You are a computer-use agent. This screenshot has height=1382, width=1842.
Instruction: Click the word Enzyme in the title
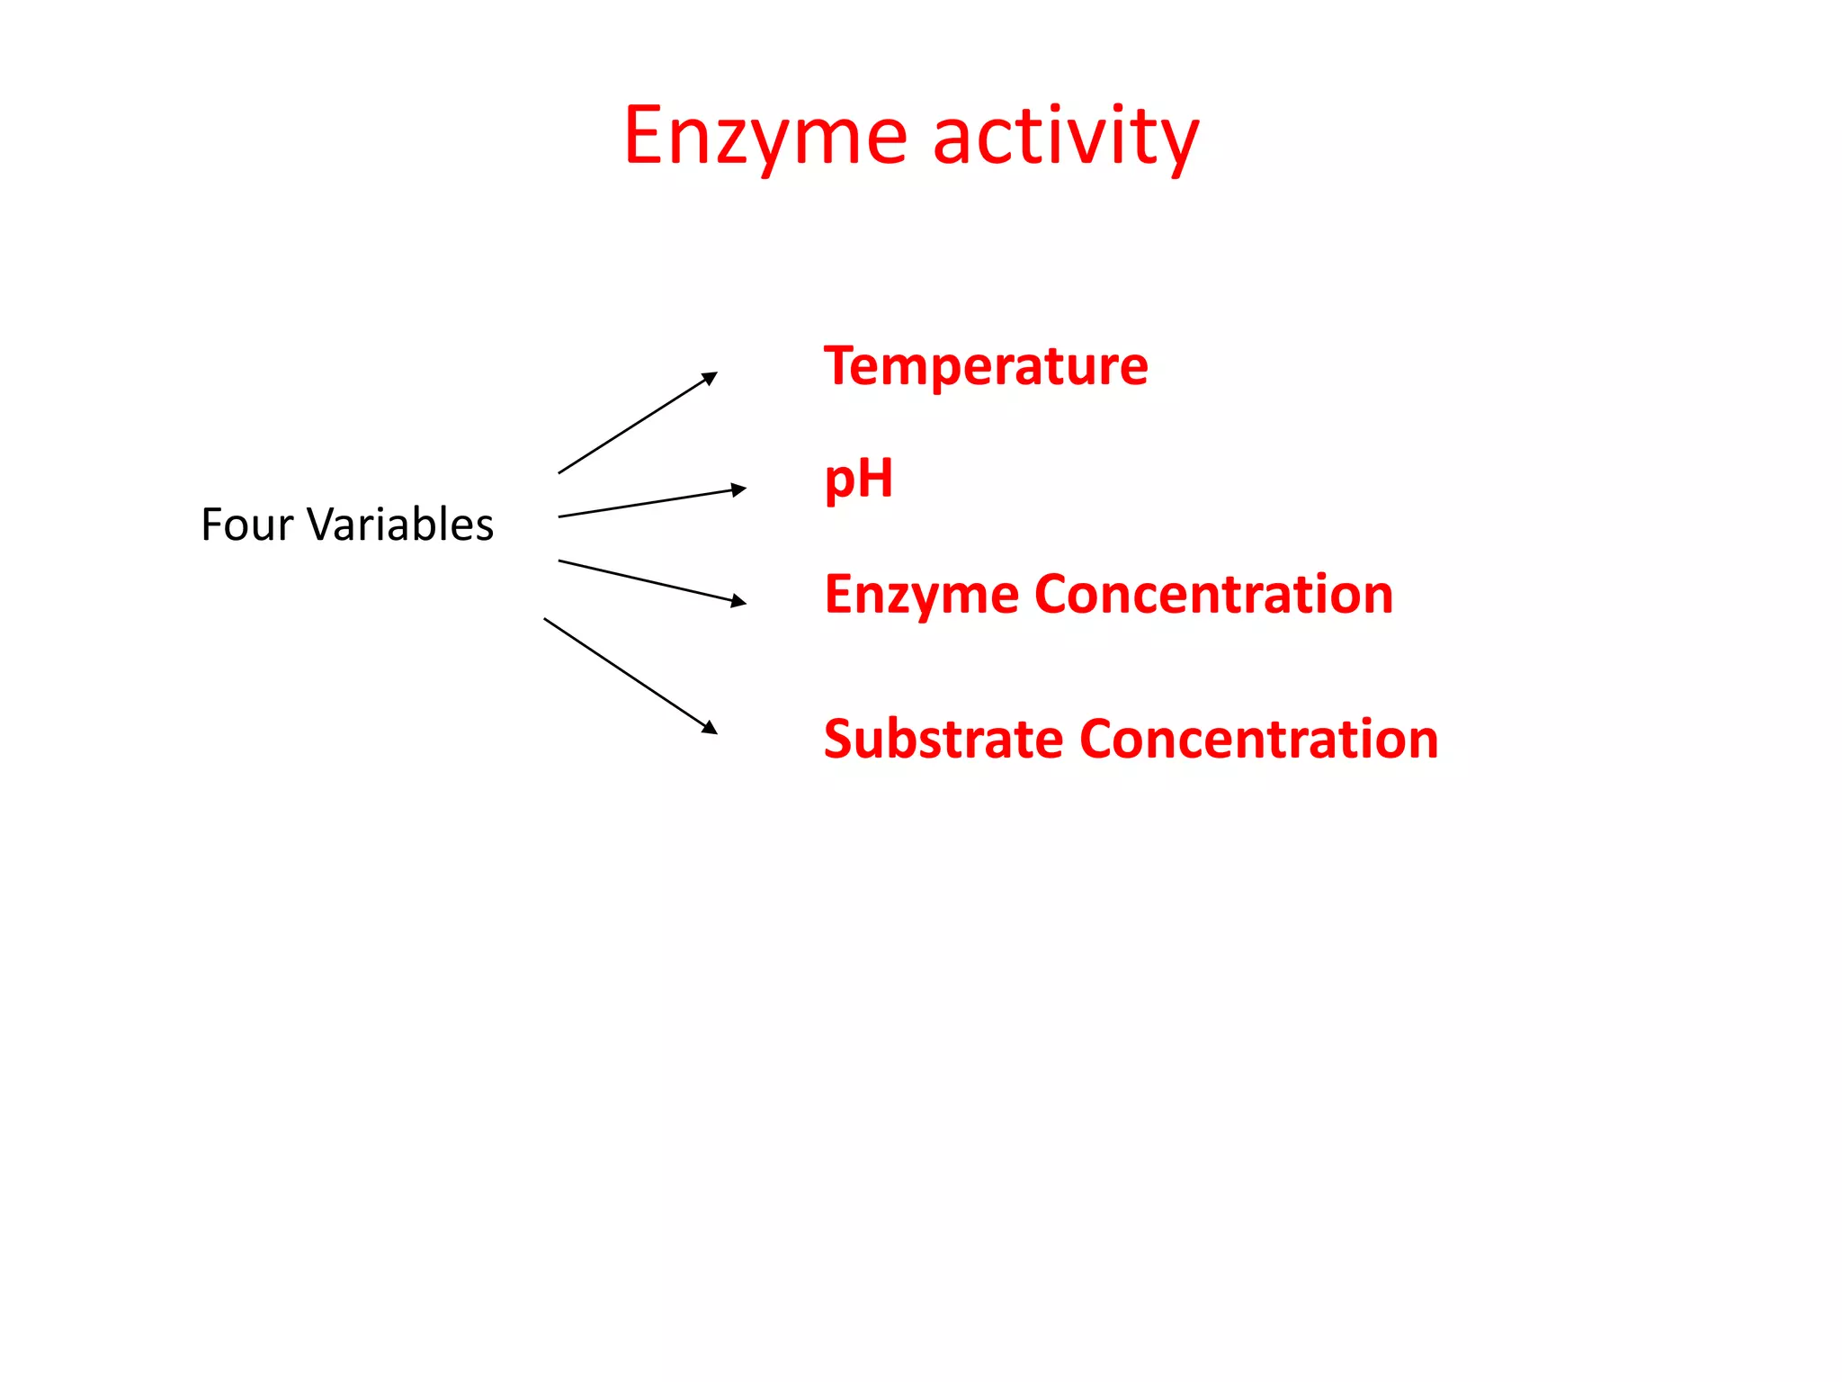(765, 137)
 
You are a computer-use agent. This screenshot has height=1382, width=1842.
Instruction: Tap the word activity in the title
(1066, 137)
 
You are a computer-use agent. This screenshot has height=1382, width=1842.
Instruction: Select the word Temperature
(986, 366)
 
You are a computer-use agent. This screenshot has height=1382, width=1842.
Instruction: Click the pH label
(858, 479)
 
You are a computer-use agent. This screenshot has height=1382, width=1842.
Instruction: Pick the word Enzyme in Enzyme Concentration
(922, 595)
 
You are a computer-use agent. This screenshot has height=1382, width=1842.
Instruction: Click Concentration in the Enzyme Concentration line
(1213, 595)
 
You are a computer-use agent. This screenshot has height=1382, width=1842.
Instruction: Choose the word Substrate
(943, 740)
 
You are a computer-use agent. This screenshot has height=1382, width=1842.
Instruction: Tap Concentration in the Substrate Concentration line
(1258, 740)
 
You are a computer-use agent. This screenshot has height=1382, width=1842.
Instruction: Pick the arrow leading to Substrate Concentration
(630, 676)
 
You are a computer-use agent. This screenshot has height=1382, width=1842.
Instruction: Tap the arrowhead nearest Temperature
(711, 377)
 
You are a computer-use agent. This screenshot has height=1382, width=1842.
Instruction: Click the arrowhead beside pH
(738, 489)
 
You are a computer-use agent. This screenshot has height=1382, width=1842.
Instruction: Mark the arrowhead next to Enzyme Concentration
(738, 601)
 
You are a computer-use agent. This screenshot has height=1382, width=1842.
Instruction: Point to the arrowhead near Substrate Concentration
(710, 727)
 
